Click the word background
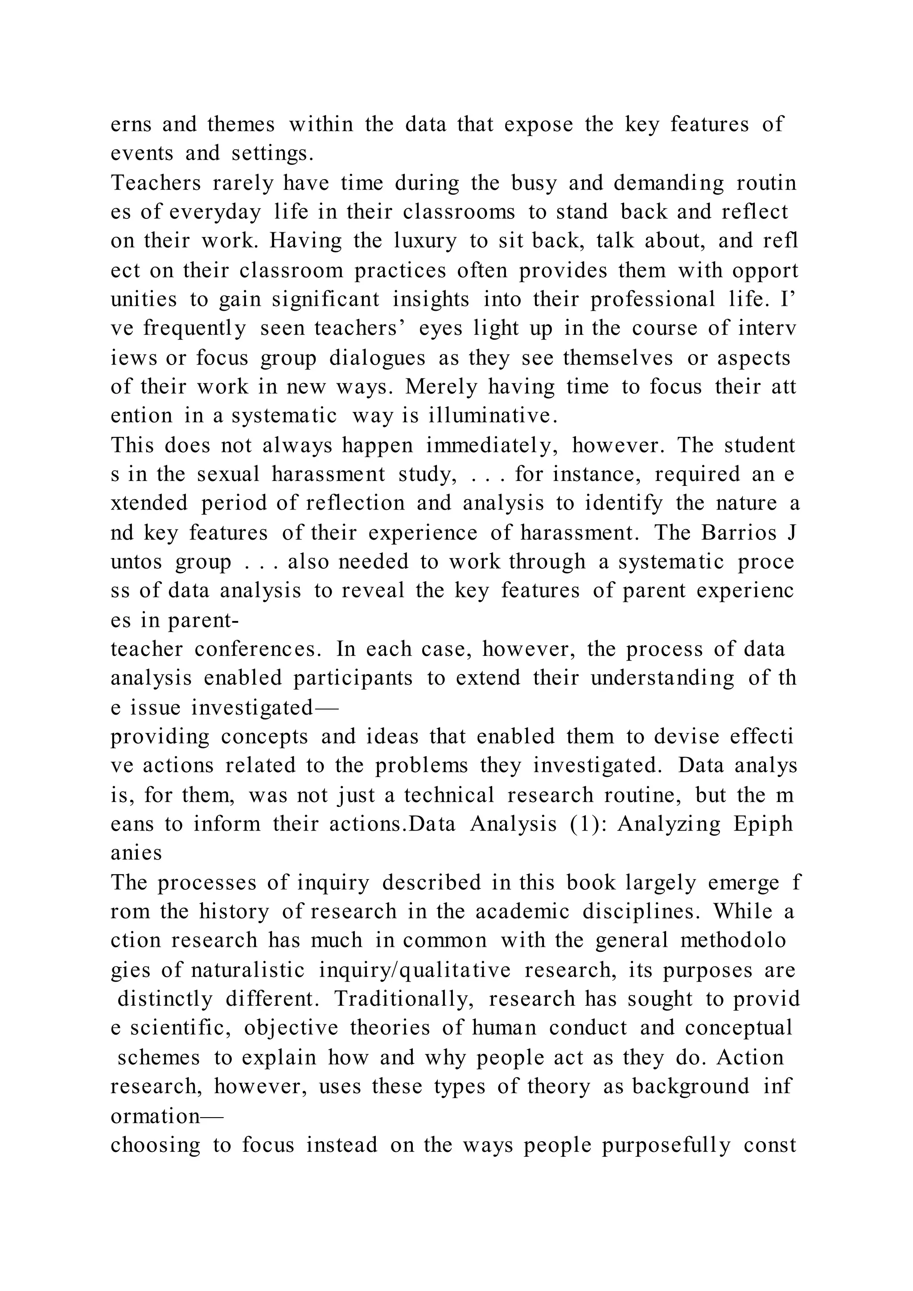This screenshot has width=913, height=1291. pyautogui.click(x=691, y=1087)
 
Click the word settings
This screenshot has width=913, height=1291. pyautogui.click(x=273, y=153)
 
